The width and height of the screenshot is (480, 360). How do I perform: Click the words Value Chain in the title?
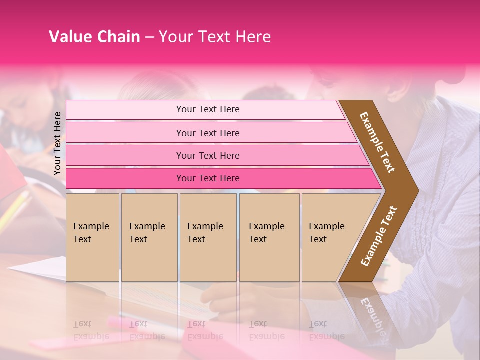(94, 37)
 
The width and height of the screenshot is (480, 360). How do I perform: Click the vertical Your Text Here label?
(57, 144)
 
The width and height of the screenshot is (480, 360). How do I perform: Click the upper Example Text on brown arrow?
(377, 142)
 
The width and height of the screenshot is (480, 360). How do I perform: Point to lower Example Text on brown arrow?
(379, 236)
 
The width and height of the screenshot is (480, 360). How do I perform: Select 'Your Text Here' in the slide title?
(215, 37)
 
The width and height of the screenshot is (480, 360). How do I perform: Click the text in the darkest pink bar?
(208, 178)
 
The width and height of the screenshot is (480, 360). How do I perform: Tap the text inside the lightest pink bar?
(208, 109)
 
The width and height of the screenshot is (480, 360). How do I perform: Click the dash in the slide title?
(149, 37)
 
